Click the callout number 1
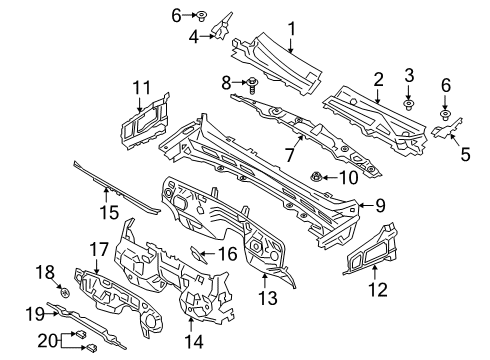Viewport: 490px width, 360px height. [x=291, y=29]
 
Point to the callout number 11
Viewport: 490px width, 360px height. [x=141, y=87]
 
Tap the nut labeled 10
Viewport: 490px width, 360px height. [x=317, y=178]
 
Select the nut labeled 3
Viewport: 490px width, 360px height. [x=408, y=104]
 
